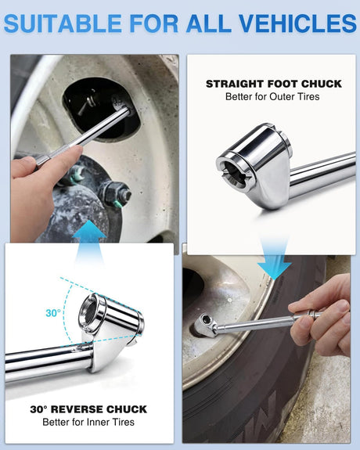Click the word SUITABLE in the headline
pos(63,23)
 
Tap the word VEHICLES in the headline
pos(297,23)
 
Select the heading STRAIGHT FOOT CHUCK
pos(274,84)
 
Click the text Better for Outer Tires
pos(272,97)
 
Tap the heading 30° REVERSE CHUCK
pos(88,409)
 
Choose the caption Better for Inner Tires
pos(88,422)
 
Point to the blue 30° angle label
pos(53,313)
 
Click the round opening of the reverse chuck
pos(88,312)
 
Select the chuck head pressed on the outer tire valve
pos(205,325)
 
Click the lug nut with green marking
pos(117,194)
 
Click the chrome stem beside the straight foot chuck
pos(322,175)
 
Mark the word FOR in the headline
pos(154,23)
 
